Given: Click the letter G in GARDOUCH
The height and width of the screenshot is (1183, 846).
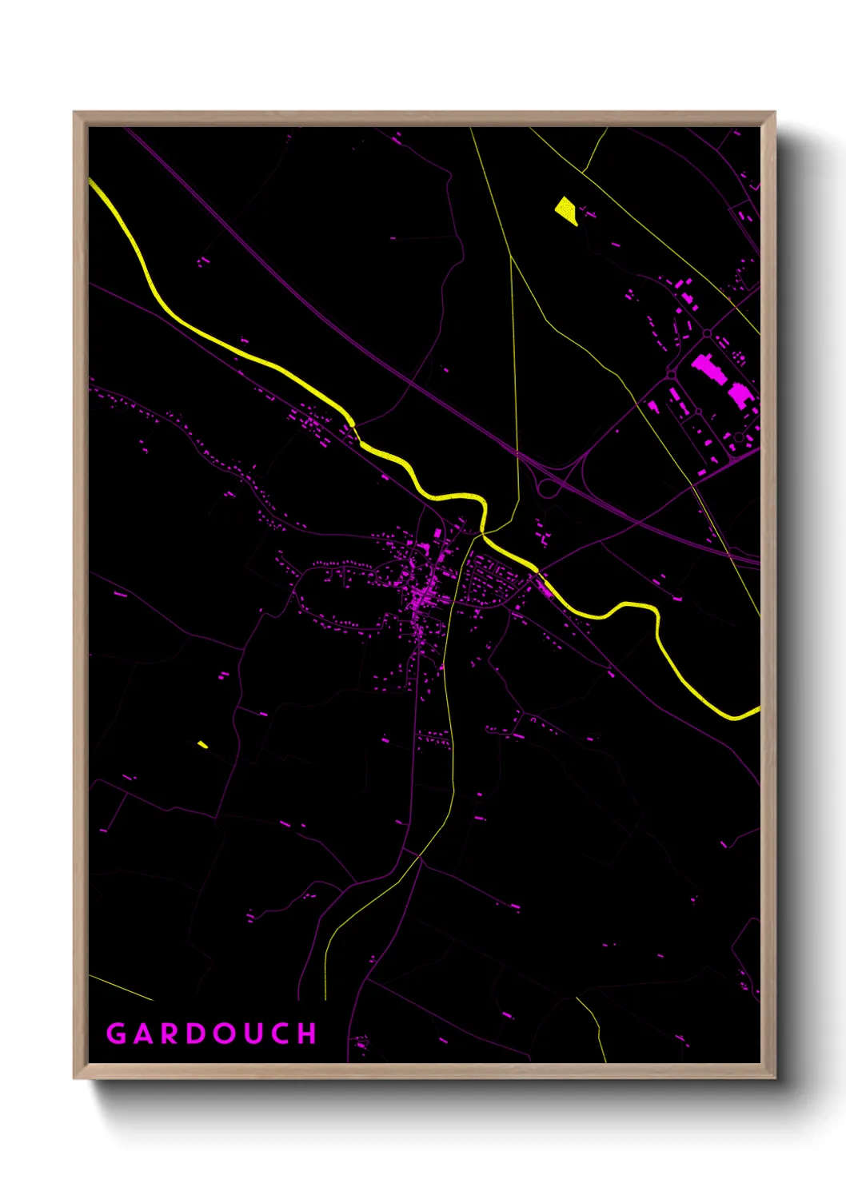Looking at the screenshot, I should point(117,1034).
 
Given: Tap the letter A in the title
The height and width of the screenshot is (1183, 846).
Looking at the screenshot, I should point(144,1034).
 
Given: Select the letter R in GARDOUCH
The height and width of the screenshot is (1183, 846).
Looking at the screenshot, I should point(171,1034).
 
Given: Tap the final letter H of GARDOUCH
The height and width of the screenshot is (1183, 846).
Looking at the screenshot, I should point(308,1034).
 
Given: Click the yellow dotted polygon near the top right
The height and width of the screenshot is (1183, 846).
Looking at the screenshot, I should point(566,210).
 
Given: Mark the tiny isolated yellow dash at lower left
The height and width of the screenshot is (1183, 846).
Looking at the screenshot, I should point(203,745).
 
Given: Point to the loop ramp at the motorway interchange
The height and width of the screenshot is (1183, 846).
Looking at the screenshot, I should point(548,488).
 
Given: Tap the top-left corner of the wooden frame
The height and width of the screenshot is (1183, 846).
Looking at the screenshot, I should point(74,113).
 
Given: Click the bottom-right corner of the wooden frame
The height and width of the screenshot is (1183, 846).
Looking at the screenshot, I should point(773,1077).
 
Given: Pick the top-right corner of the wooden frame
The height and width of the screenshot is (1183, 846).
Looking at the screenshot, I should point(773,113).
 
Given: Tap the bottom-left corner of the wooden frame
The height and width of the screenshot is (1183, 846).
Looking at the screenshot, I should point(74,1077).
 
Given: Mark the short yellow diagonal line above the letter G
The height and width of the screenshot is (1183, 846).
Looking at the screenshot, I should point(120,987).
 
